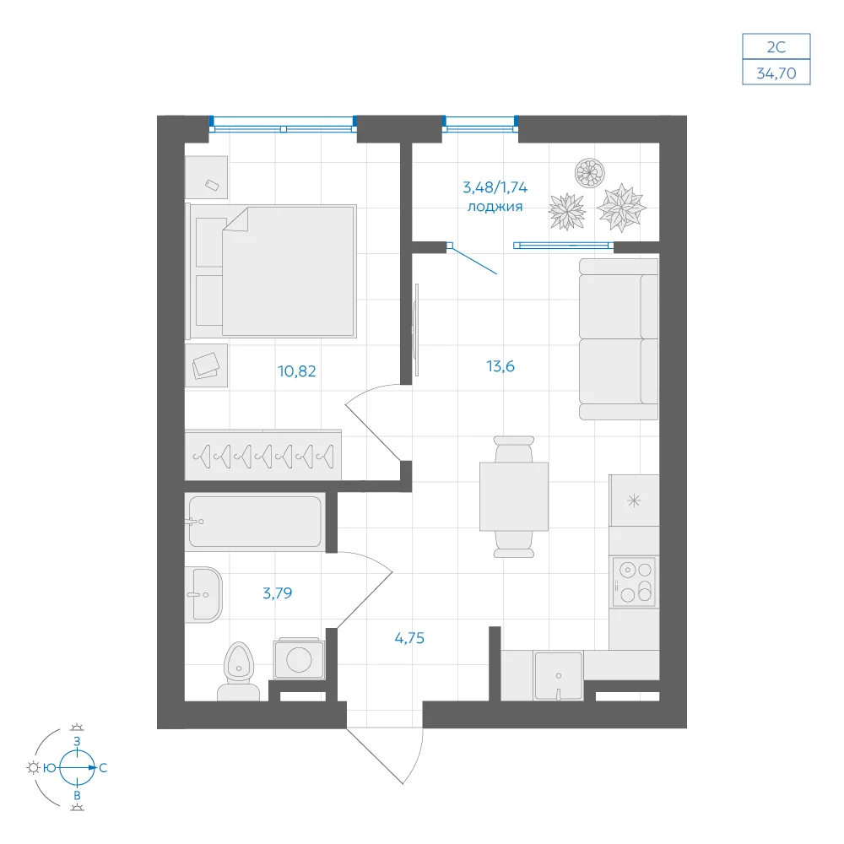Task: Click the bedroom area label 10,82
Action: tap(296, 371)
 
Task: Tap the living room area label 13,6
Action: tap(500, 366)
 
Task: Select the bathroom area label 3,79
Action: tap(277, 593)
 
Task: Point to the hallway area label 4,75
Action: tap(409, 638)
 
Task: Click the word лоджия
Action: tap(495, 207)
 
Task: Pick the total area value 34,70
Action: tap(776, 73)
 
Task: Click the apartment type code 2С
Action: tap(776, 47)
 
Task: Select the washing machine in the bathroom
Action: tap(299, 658)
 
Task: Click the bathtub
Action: tap(255, 522)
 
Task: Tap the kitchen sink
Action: tap(558, 676)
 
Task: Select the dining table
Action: tap(514, 496)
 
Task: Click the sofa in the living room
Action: tap(619, 339)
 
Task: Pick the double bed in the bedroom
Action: tap(271, 271)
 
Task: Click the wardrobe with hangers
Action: tap(262, 455)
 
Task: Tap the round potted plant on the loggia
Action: tap(590, 173)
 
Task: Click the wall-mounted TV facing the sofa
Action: tap(415, 330)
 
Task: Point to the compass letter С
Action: tap(103, 768)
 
